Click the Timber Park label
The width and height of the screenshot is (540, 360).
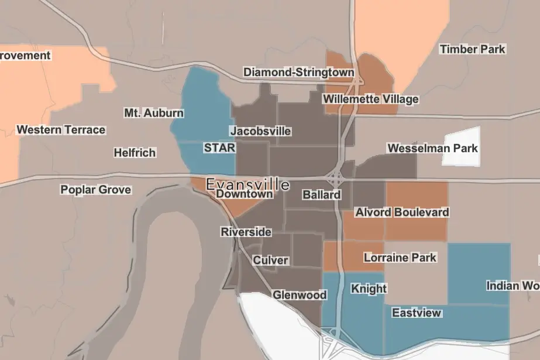click(472, 49)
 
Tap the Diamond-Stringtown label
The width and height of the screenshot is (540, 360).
click(298, 72)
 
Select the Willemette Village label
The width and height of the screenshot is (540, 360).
click(371, 99)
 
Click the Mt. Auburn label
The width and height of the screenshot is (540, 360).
click(154, 112)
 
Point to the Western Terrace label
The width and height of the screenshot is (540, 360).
click(61, 130)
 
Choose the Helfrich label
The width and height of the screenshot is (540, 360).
click(135, 153)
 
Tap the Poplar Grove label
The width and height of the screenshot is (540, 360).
click(95, 190)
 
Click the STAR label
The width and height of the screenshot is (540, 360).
click(219, 148)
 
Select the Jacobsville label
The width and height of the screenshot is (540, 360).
click(260, 131)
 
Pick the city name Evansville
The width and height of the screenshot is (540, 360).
click(247, 184)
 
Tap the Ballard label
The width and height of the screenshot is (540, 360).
click(321, 194)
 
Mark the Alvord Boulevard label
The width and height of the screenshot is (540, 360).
click(402, 212)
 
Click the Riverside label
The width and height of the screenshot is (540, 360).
click(246, 232)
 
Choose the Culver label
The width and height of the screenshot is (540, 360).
click(270, 260)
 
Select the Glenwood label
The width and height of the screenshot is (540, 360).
click(299, 294)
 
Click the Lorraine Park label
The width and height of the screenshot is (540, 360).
click(400, 257)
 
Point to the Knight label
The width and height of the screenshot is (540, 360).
click(369, 288)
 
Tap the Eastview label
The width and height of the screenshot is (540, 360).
click(417, 313)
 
